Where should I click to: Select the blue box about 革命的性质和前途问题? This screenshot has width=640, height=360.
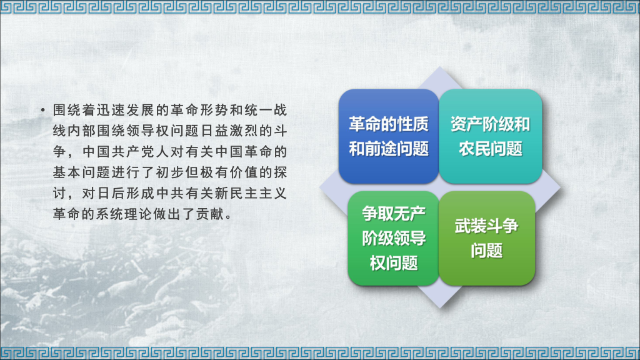coord(388,136)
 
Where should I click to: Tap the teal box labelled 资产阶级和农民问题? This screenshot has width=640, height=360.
coord(490,136)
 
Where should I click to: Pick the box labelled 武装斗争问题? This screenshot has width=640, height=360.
coord(487,238)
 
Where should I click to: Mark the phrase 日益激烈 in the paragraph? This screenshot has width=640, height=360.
coord(218,132)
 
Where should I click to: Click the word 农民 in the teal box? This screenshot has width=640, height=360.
coord(474,149)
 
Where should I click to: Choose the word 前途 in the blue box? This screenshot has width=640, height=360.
coord(388,150)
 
